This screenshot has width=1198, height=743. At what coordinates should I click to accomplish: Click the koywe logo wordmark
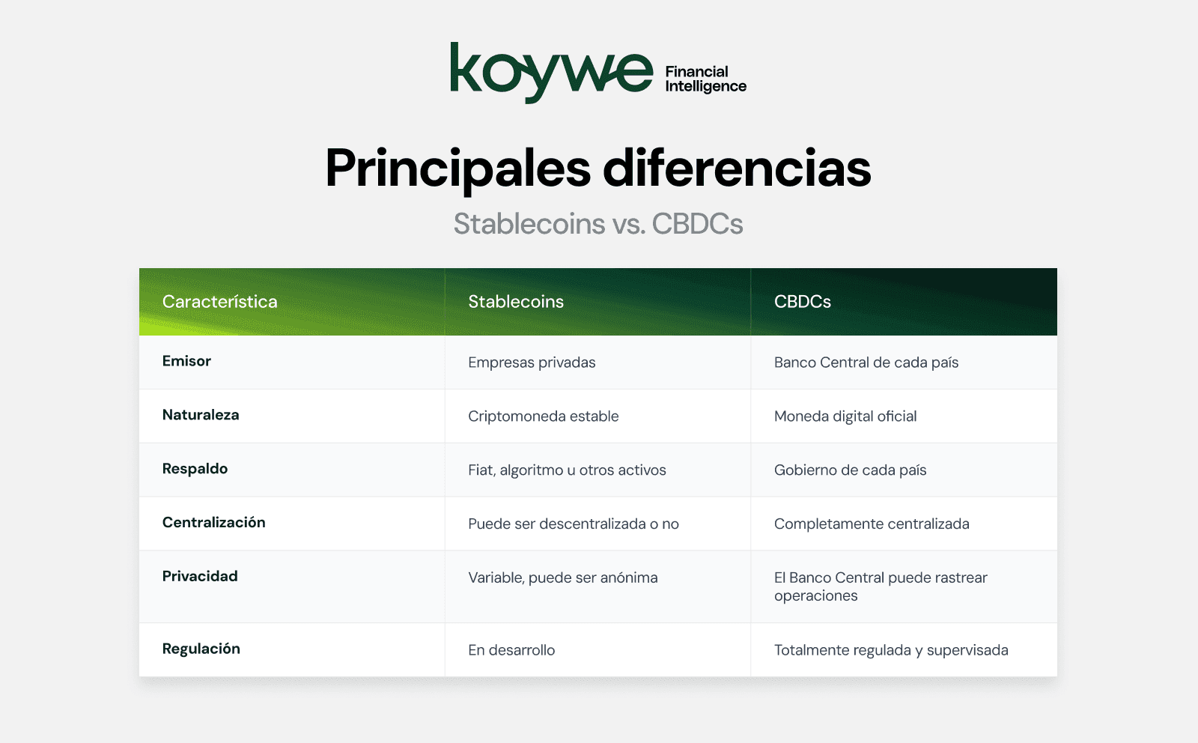click(551, 72)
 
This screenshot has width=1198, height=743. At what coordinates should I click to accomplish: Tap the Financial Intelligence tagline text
click(705, 79)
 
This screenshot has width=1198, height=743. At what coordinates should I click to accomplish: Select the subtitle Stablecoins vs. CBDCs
click(598, 224)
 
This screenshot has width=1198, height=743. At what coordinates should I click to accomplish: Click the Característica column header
click(219, 302)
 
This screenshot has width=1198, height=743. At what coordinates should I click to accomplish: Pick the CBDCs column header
click(802, 302)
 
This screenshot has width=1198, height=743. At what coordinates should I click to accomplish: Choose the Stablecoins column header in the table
click(516, 302)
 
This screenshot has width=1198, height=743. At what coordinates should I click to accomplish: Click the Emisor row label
click(186, 361)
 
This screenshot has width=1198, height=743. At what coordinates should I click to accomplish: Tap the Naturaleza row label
click(201, 415)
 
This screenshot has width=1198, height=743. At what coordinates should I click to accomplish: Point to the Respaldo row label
click(195, 469)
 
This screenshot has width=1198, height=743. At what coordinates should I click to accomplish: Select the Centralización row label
click(213, 523)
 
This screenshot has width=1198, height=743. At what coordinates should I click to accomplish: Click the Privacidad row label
click(200, 577)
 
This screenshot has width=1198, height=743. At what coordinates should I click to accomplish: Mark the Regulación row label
click(201, 649)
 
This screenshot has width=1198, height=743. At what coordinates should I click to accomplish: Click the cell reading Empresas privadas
click(532, 363)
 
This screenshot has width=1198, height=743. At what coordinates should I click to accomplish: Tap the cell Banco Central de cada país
click(866, 363)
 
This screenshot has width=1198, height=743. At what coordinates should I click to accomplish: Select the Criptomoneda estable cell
click(543, 416)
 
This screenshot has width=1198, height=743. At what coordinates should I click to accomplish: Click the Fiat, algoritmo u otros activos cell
click(567, 470)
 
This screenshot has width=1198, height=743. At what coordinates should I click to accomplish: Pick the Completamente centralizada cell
click(871, 524)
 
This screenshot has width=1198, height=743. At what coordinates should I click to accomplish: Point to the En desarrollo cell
click(511, 650)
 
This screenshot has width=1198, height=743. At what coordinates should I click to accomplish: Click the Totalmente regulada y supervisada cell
click(890, 650)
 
